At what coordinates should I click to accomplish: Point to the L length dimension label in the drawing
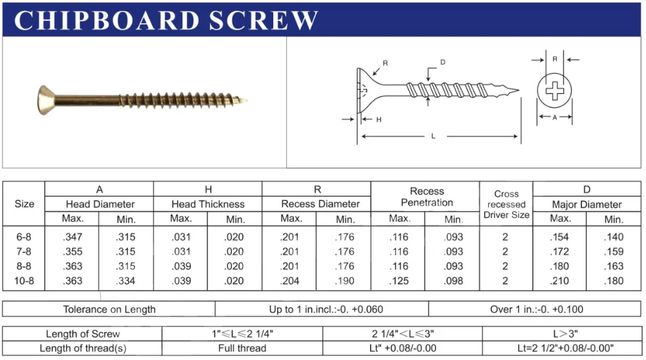point(432,136)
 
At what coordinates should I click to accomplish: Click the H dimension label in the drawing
point(379,119)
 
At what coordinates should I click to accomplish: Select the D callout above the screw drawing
point(443,62)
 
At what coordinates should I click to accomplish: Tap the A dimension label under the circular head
point(554,118)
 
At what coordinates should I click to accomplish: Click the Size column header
point(24,204)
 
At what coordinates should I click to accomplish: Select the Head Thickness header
point(207,204)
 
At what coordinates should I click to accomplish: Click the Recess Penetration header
point(426,197)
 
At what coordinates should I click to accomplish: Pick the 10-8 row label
point(24,281)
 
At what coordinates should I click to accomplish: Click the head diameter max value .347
point(73,238)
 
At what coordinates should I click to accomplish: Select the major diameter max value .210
point(560,281)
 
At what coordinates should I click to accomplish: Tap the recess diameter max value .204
point(291,281)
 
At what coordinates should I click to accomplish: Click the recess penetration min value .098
point(453,281)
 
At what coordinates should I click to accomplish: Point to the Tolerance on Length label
point(109,309)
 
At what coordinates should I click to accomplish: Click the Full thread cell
point(242,348)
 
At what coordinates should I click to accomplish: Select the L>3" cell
point(563,334)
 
